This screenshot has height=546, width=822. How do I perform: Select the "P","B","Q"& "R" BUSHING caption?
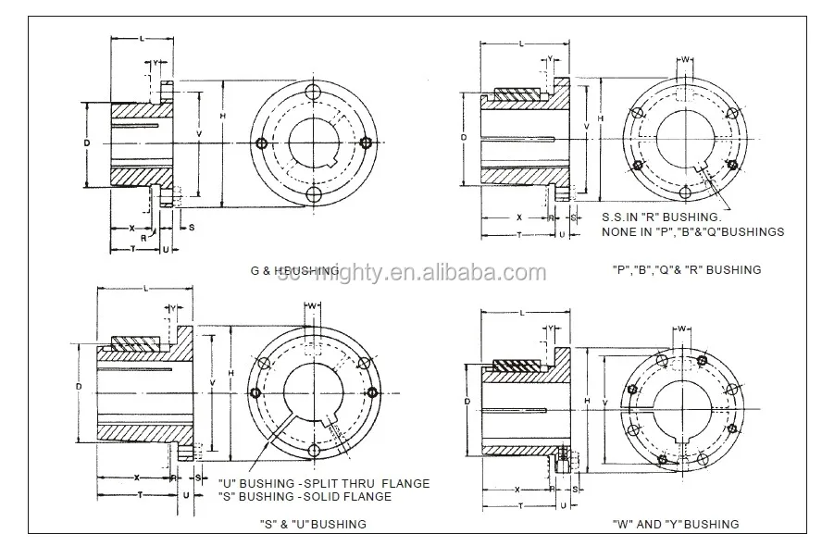[687, 269]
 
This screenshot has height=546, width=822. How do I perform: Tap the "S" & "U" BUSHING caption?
[313, 524]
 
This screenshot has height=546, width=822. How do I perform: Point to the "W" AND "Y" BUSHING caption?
[676, 524]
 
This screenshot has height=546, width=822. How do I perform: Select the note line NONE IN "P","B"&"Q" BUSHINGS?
[692, 232]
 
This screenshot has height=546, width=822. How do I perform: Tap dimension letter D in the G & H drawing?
[85, 143]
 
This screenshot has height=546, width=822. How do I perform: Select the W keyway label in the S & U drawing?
[314, 306]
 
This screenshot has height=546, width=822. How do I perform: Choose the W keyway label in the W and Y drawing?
[682, 329]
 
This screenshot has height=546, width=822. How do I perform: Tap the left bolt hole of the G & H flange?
[264, 143]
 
